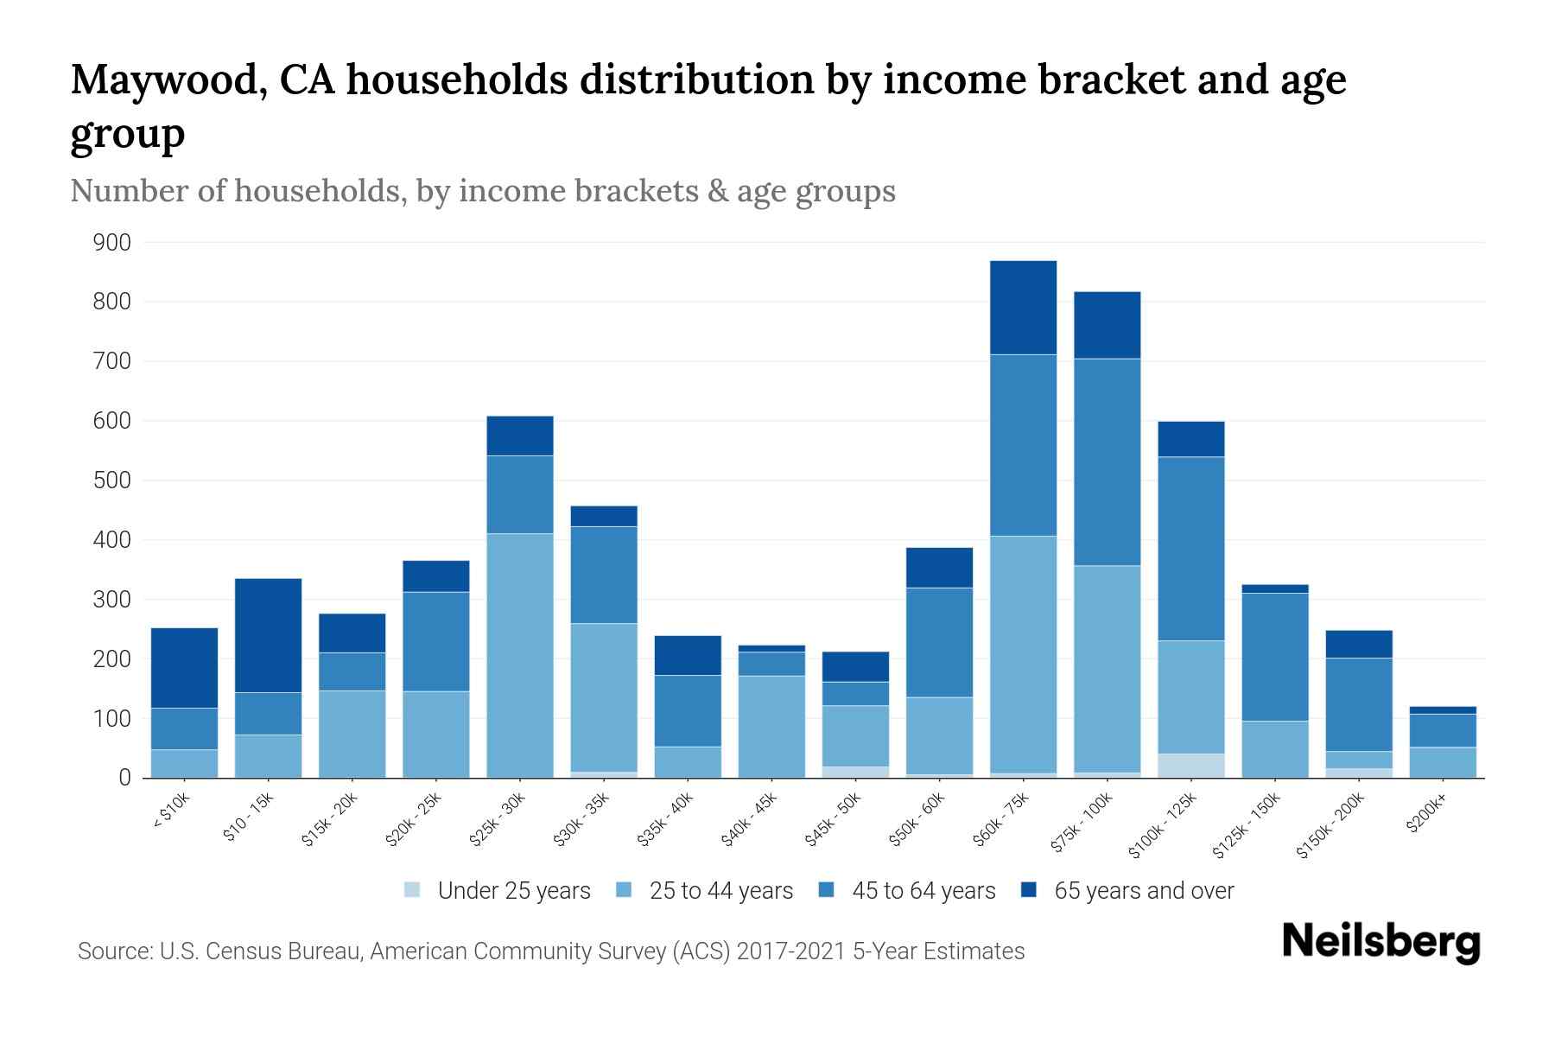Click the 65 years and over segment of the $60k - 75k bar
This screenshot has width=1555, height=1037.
click(x=1023, y=308)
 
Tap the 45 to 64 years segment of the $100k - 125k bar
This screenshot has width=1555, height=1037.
click(x=1190, y=548)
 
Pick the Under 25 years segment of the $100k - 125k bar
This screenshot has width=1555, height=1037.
click(x=1190, y=766)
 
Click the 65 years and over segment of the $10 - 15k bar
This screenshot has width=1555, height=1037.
click(x=268, y=635)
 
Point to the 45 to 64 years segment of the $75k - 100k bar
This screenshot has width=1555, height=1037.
click(x=1107, y=461)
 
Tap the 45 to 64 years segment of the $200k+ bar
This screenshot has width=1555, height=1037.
click(x=1442, y=730)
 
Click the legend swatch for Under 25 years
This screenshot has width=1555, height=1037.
click(x=413, y=889)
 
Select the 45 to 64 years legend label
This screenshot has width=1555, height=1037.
click(x=923, y=890)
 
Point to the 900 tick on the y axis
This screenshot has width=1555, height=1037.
click(x=112, y=243)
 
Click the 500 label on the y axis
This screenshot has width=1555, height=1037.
click(x=112, y=480)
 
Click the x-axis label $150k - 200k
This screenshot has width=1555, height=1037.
click(x=1331, y=826)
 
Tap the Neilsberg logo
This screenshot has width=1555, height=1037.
click(x=1380, y=942)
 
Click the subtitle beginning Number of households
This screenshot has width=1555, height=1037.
click(x=482, y=191)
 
